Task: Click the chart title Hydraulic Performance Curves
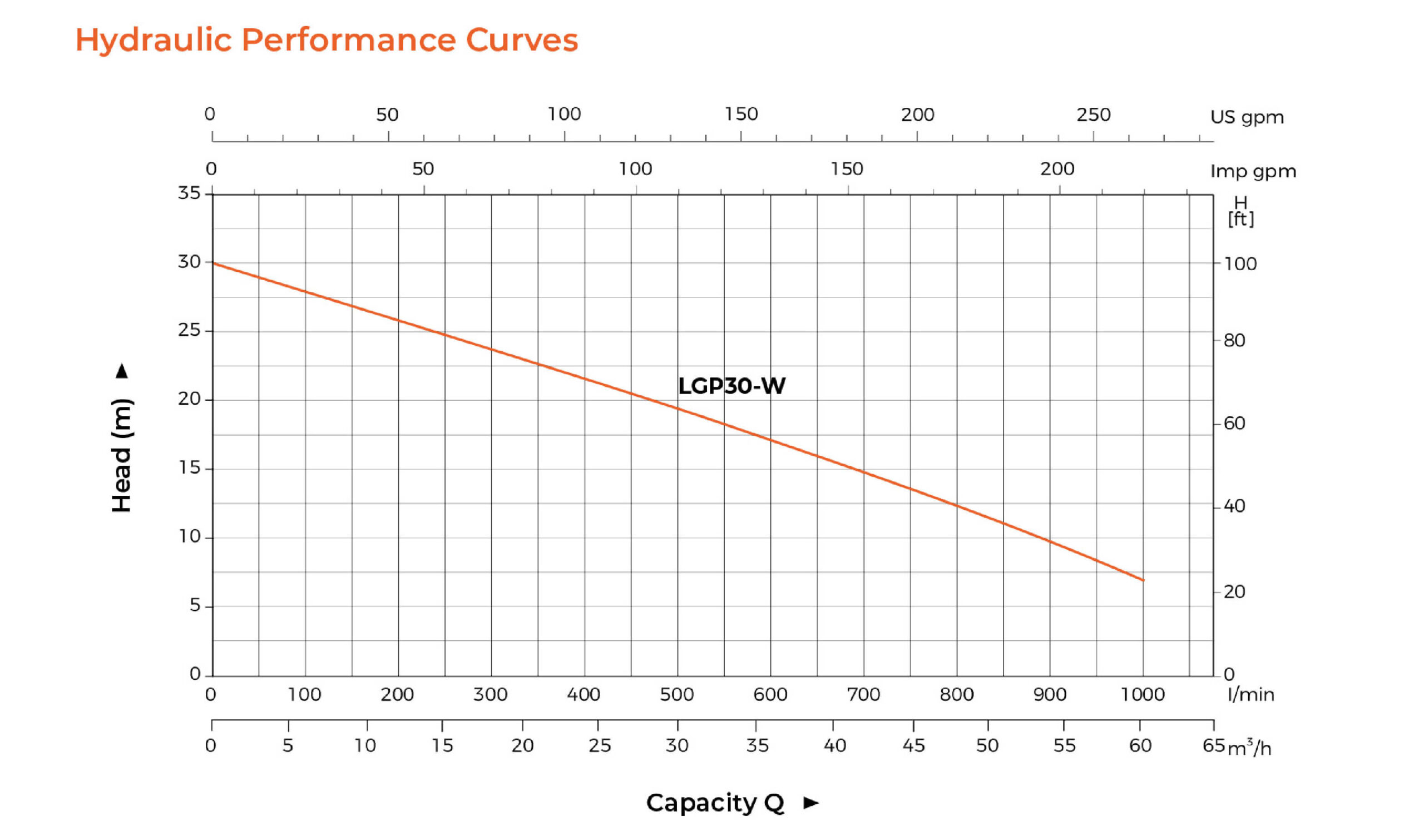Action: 327,40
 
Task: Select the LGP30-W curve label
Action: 731,386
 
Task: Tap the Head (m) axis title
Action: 122,455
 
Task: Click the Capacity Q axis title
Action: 715,803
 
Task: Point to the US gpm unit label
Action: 1247,117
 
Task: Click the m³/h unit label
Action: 1249,748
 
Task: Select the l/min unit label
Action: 1250,695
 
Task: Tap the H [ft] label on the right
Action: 1240,211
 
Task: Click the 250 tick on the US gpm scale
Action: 1094,115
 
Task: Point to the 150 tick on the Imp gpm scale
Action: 847,169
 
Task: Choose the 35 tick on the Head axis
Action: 189,193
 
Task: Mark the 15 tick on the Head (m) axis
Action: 189,467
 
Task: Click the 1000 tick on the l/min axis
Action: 1143,694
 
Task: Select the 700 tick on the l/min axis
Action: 863,694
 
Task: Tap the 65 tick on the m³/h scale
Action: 1213,745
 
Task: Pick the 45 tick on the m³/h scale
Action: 913,745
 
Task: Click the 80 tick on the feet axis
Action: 1234,341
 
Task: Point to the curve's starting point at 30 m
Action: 213,263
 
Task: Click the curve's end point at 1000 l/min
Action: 1143,580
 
